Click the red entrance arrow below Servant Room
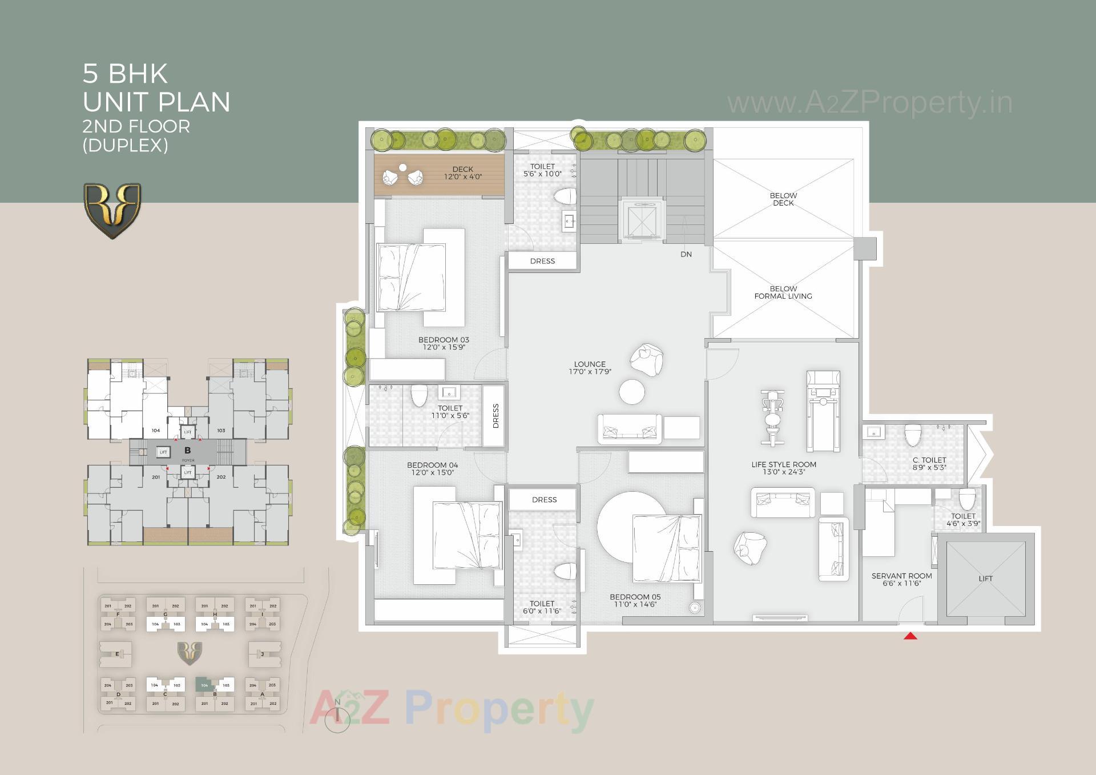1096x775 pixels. coord(910,636)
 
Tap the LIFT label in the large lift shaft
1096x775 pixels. coord(985,579)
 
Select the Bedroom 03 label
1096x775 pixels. coord(444,340)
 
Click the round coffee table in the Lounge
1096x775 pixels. coord(632,392)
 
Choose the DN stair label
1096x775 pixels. coord(686,254)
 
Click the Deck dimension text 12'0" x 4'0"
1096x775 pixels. coord(463,177)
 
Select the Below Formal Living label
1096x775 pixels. coord(783,292)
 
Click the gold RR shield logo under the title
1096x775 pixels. coord(112,210)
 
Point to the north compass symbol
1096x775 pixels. coord(337,714)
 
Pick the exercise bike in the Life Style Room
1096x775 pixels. coord(772,417)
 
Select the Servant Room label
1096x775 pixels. coord(901,576)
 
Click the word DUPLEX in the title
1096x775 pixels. coord(126,146)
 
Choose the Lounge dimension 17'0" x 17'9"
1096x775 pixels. coord(590,372)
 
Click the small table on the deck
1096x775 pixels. coord(403,167)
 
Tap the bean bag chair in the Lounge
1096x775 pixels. coord(647,360)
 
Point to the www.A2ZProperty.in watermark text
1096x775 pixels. coord(869,103)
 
